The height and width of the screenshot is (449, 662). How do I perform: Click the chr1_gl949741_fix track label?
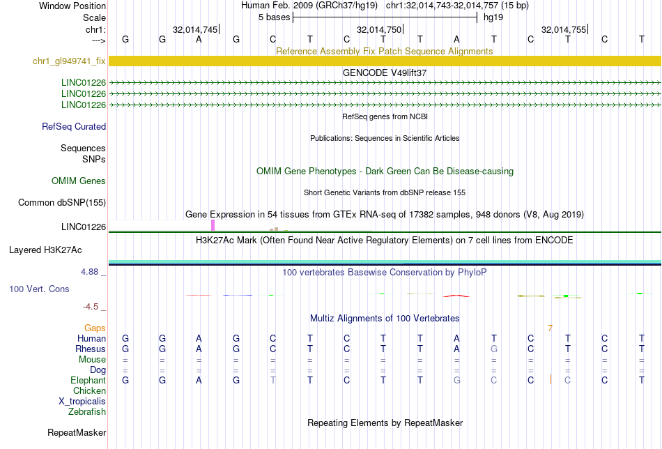(69, 61)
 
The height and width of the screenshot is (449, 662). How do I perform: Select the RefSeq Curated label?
(74, 127)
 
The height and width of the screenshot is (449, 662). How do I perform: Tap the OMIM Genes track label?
(79, 181)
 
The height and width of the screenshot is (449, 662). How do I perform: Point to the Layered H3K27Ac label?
(45, 250)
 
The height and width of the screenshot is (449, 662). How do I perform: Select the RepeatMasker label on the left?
(77, 433)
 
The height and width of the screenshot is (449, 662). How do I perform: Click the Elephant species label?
(88, 381)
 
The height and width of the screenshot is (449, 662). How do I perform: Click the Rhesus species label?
(91, 349)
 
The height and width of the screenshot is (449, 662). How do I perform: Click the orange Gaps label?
(95, 328)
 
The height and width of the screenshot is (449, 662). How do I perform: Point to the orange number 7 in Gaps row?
(550, 328)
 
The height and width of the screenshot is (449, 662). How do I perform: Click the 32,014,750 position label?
(379, 30)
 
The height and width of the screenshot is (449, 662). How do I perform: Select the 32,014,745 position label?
(195, 30)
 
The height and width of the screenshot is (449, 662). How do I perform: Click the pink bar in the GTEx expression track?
(213, 225)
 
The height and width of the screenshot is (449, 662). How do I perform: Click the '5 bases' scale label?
(273, 17)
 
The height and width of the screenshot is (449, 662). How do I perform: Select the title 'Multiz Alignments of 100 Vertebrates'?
(384, 319)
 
